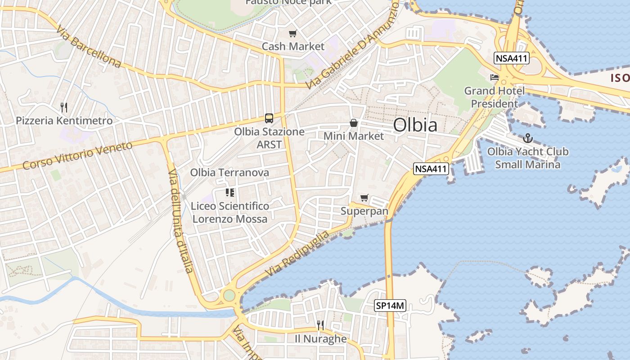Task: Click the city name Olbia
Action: [415, 125]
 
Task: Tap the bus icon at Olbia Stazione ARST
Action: [269, 118]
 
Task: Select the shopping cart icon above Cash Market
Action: [293, 33]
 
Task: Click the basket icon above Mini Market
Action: [354, 122]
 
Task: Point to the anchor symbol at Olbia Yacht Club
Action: [528, 138]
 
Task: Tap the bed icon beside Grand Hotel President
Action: [495, 77]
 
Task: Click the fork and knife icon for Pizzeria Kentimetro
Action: [64, 108]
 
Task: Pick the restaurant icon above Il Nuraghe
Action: [320, 325]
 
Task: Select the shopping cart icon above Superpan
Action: [364, 198]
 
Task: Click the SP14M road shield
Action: [390, 306]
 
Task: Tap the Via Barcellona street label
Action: [89, 46]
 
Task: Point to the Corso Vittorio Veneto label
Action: [78, 155]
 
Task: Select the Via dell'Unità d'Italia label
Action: [180, 221]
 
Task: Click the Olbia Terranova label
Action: [229, 172]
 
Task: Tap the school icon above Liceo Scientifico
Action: [230, 193]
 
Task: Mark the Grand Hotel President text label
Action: [495, 97]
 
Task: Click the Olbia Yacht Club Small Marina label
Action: [528, 158]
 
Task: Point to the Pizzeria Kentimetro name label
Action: [64, 121]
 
